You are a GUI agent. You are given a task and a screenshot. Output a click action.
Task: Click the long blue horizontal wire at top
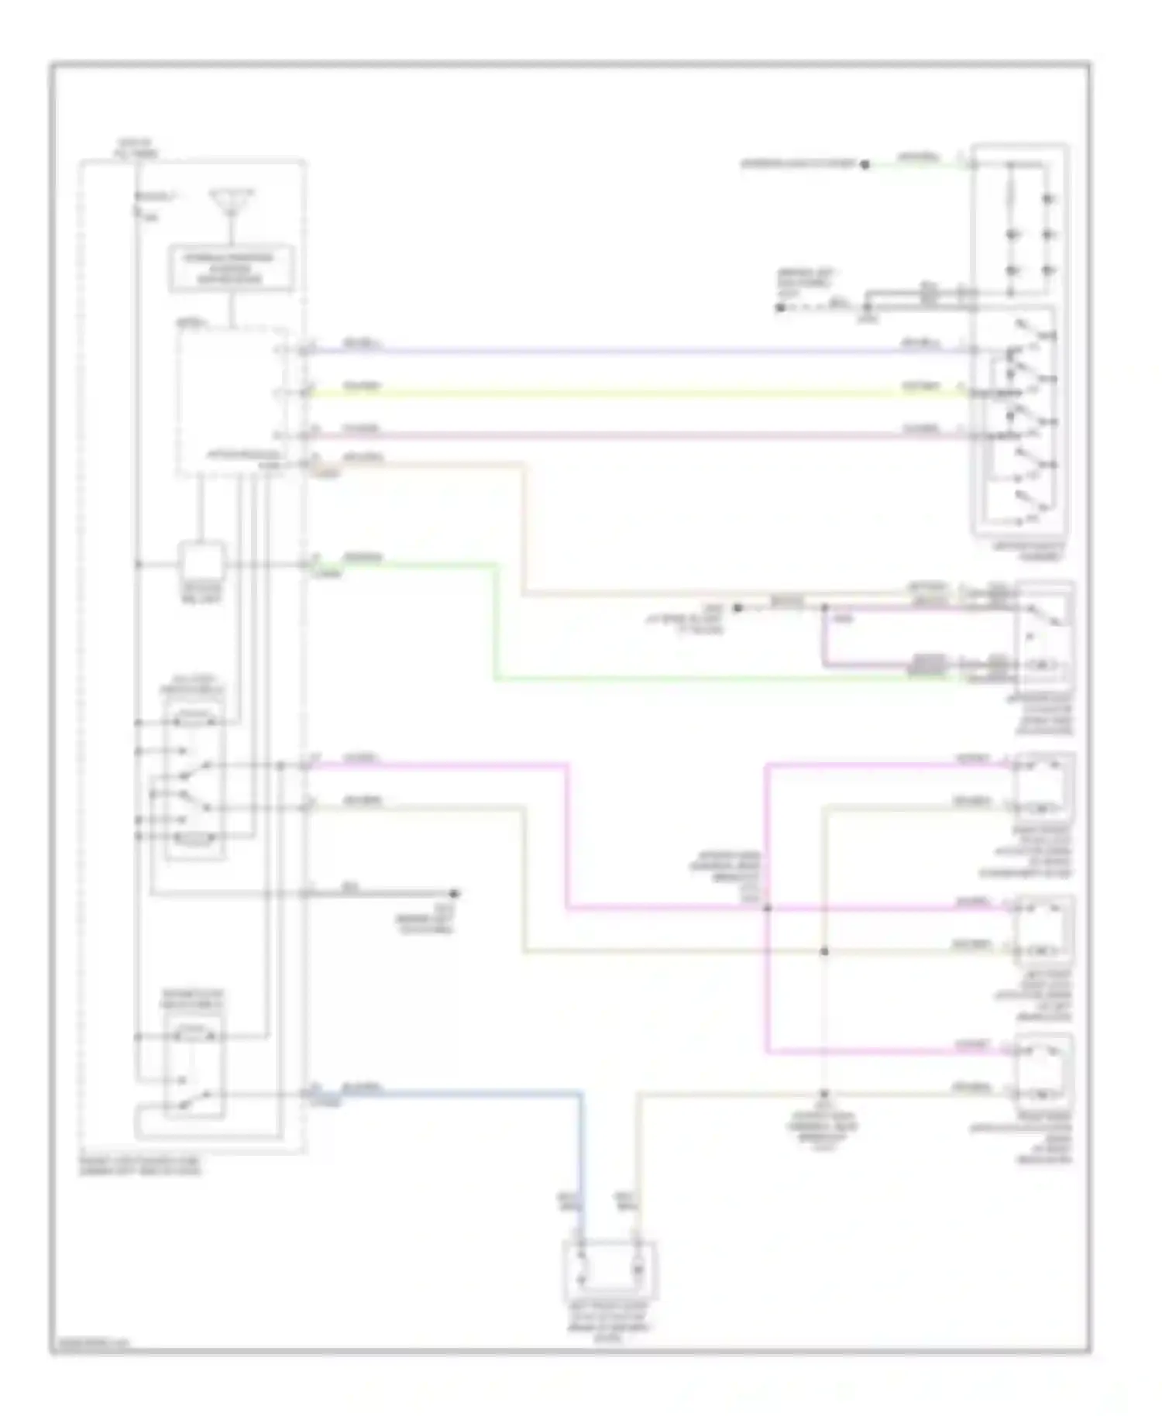(x=620, y=351)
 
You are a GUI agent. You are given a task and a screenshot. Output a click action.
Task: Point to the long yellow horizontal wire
(x=620, y=394)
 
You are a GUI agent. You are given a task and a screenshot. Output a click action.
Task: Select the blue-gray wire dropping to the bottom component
(x=581, y=1162)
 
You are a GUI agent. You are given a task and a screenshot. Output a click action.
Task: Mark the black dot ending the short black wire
(x=456, y=893)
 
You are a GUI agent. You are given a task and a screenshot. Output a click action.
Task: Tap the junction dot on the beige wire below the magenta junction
(x=824, y=951)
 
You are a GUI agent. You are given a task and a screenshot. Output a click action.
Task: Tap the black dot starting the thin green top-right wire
(x=865, y=164)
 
